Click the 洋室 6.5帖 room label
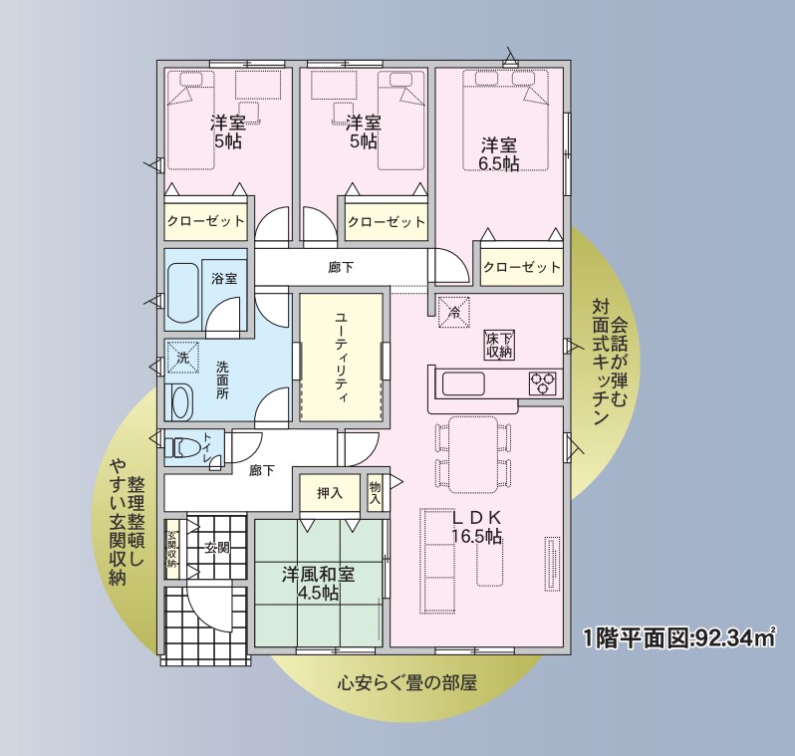(499, 154)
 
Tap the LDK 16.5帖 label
(477, 527)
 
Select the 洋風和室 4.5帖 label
(319, 583)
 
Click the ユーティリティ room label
(342, 358)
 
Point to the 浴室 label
(224, 278)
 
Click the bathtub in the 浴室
(182, 293)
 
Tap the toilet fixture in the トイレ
(181, 447)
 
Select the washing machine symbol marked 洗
(182, 357)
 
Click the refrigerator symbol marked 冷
(454, 312)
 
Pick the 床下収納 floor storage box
(499, 346)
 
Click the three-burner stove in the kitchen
(543, 382)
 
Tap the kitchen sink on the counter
(463, 383)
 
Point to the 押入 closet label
(330, 493)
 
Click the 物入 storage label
(376, 493)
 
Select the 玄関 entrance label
(217, 548)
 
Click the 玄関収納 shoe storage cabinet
(172, 549)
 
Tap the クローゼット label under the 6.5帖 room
(522, 267)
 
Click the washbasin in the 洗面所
(181, 401)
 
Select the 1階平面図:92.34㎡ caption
(679, 637)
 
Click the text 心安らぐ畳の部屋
(407, 683)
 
